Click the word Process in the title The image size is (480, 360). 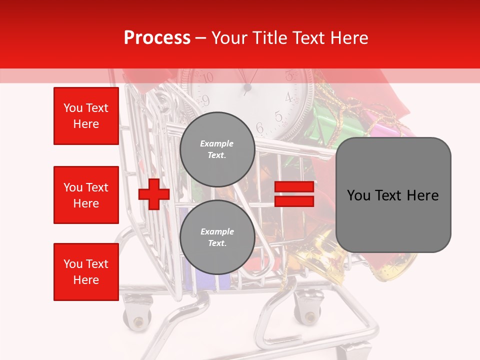157,38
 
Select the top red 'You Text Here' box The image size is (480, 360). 86,116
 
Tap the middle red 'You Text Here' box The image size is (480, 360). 86,195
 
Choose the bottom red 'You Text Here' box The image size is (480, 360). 86,271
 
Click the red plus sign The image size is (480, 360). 153,194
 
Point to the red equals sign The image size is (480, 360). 294,194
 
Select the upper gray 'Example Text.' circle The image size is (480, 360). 217,149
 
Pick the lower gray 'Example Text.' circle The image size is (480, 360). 217,237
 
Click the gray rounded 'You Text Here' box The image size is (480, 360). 393,195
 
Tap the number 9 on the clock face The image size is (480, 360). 205,101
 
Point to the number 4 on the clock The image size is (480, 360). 288,97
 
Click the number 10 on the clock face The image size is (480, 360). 206,77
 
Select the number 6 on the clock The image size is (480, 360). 260,127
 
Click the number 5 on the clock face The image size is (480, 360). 278,117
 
